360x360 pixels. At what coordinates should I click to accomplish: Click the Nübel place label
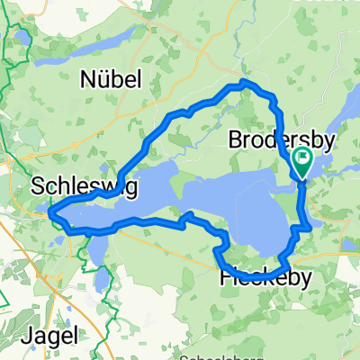pyautogui.click(x=111, y=79)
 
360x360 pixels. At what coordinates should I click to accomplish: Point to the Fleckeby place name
pyautogui.click(x=266, y=278)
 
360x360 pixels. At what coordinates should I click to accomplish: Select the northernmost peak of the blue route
pyautogui.click(x=243, y=84)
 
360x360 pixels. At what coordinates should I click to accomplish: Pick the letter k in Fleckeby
pyautogui.click(x=271, y=278)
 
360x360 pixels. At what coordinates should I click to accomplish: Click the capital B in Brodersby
pyautogui.click(x=235, y=140)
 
